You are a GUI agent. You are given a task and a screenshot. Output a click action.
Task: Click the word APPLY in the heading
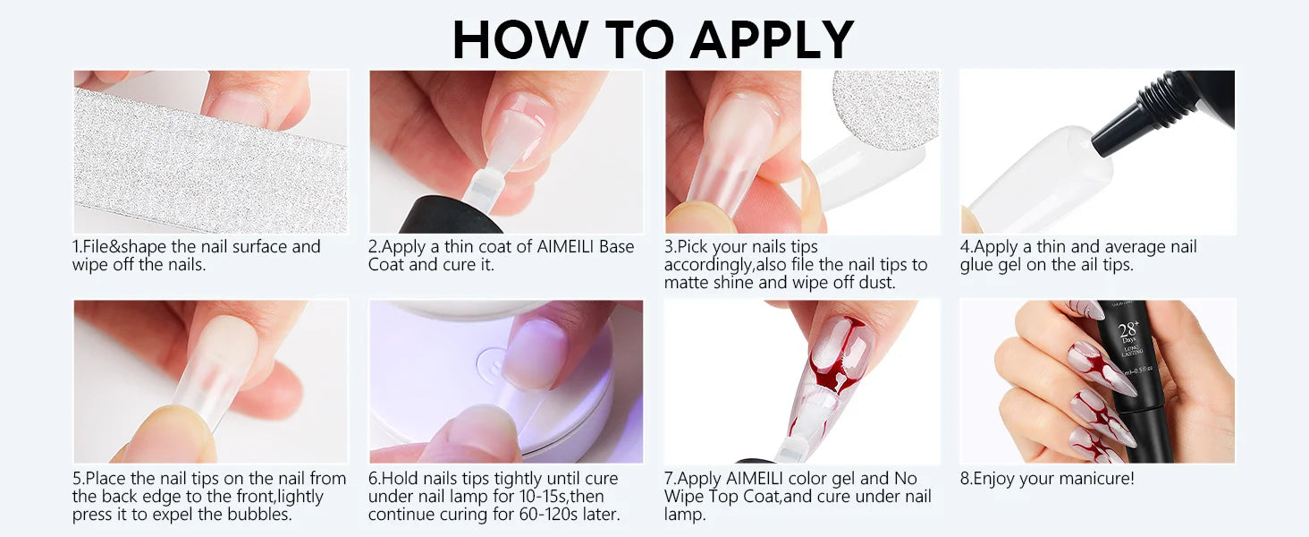tap(773, 39)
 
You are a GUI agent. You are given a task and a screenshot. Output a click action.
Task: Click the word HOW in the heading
tap(520, 39)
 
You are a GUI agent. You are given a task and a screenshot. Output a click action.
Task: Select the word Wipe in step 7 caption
tap(683, 496)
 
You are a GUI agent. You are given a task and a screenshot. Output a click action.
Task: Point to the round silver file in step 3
tap(886, 108)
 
